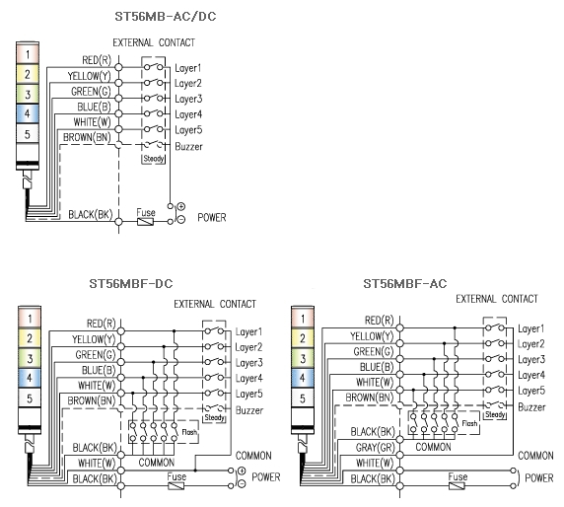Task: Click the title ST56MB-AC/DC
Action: point(165,17)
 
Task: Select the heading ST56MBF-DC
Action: point(131,283)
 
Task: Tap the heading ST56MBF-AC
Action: point(404,283)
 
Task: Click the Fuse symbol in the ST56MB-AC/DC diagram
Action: point(145,221)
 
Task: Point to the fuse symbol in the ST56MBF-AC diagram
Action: point(457,486)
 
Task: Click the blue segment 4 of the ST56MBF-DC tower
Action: point(30,378)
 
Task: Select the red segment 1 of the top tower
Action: point(28,54)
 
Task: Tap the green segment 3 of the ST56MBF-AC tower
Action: point(303,358)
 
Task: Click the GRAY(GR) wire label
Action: point(375,447)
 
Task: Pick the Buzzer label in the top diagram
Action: point(188,146)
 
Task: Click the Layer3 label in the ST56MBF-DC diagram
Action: point(248,363)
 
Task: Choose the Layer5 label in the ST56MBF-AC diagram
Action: point(531,391)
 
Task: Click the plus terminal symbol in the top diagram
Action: point(180,206)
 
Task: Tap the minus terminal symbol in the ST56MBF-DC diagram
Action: point(242,484)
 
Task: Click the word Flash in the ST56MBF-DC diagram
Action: point(189,431)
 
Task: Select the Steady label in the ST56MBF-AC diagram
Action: point(495,414)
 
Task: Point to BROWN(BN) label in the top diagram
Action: point(87,137)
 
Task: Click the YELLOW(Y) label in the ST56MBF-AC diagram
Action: point(372,336)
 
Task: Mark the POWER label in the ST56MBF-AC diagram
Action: point(538,478)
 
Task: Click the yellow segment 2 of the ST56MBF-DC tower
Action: point(30,338)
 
